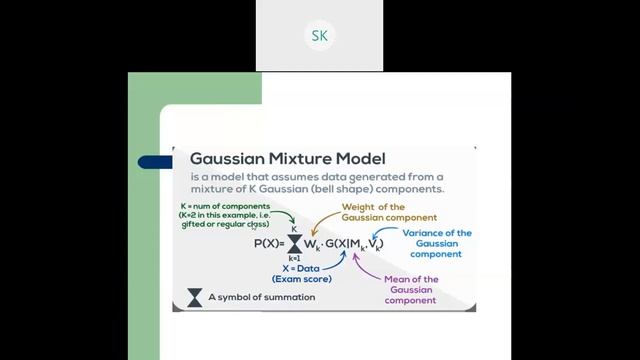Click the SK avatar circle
pos(319,36)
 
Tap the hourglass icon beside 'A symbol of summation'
pos(194,297)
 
